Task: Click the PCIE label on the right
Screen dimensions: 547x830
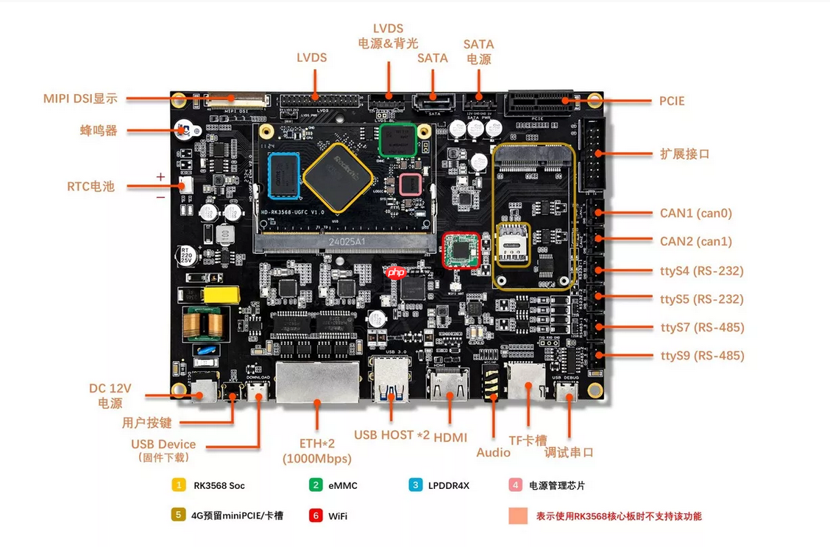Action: [x=671, y=101]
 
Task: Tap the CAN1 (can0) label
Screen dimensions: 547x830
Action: [x=695, y=213]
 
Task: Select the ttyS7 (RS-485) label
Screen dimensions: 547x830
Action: [x=702, y=327]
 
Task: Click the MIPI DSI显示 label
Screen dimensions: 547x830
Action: [x=80, y=99]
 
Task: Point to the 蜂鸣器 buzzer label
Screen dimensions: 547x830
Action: [x=99, y=131]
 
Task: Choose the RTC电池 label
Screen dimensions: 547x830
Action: [x=91, y=186]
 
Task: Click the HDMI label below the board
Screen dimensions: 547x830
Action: [x=450, y=437]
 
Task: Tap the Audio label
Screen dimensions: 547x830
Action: [x=493, y=452]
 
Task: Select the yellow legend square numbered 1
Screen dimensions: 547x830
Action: [x=178, y=485]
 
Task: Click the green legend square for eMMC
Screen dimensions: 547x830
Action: [x=316, y=485]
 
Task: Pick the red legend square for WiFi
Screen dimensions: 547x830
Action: [x=316, y=515]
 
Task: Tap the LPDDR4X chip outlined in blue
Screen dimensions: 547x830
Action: [x=284, y=176]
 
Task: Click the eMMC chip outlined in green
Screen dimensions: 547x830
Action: [x=397, y=140]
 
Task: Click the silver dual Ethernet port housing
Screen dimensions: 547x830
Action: [x=317, y=382]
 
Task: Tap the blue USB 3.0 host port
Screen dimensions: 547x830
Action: [x=390, y=382]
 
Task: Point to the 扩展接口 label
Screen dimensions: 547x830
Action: [x=684, y=154]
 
